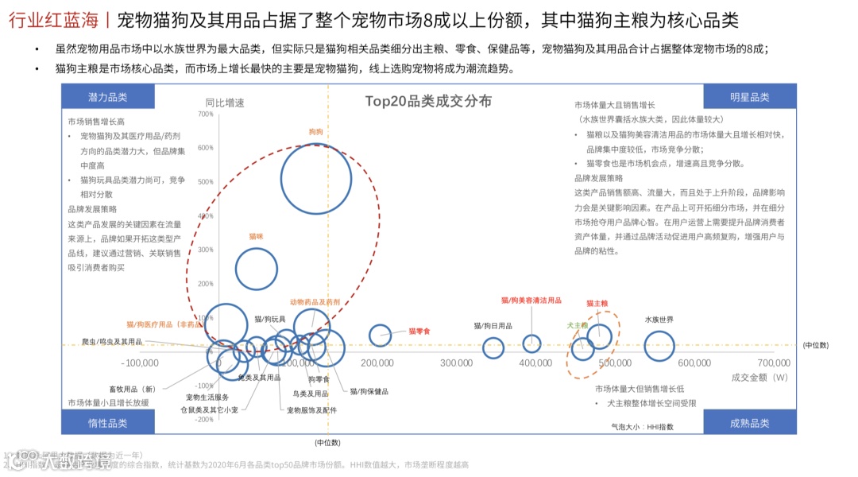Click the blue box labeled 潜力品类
108,97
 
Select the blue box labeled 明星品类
750,97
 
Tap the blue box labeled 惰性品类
108,423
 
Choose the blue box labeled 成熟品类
750,423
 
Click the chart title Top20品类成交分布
428,101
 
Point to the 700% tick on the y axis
205,114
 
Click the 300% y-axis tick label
205,250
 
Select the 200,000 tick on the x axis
377,363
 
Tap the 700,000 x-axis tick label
768,363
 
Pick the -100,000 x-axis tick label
141,363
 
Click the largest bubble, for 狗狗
316,179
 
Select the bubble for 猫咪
256,270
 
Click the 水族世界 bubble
659,346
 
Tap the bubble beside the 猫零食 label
381,335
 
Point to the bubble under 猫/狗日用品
493,347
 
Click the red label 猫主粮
597,303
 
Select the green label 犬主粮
577,325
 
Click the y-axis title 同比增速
225,103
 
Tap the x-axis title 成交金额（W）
759,377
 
